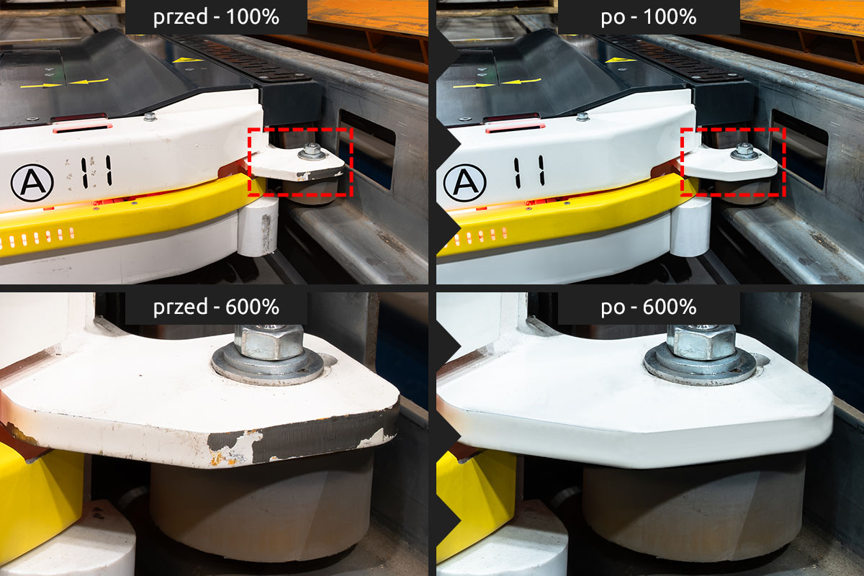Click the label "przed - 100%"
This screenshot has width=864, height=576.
click(216, 17)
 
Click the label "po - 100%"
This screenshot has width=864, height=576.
click(649, 17)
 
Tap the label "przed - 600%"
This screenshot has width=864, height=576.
click(216, 307)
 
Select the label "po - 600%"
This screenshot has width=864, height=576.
click(649, 307)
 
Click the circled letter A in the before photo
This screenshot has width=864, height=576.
click(32, 183)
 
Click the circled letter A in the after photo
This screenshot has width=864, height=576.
click(465, 183)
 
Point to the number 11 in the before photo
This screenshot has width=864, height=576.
click(96, 171)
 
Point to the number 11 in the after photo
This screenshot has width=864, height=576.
click(530, 171)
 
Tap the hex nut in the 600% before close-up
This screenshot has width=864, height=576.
click(269, 342)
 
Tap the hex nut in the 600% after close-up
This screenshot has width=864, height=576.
click(701, 342)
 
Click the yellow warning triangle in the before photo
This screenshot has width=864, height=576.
click(188, 60)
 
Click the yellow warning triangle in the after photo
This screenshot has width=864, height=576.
click(621, 60)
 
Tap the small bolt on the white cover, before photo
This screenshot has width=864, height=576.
click(149, 116)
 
